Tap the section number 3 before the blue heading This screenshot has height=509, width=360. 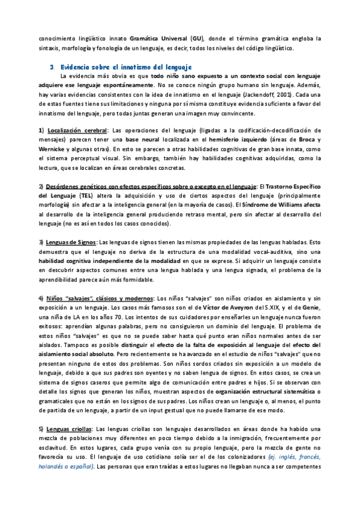point(52,65)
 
